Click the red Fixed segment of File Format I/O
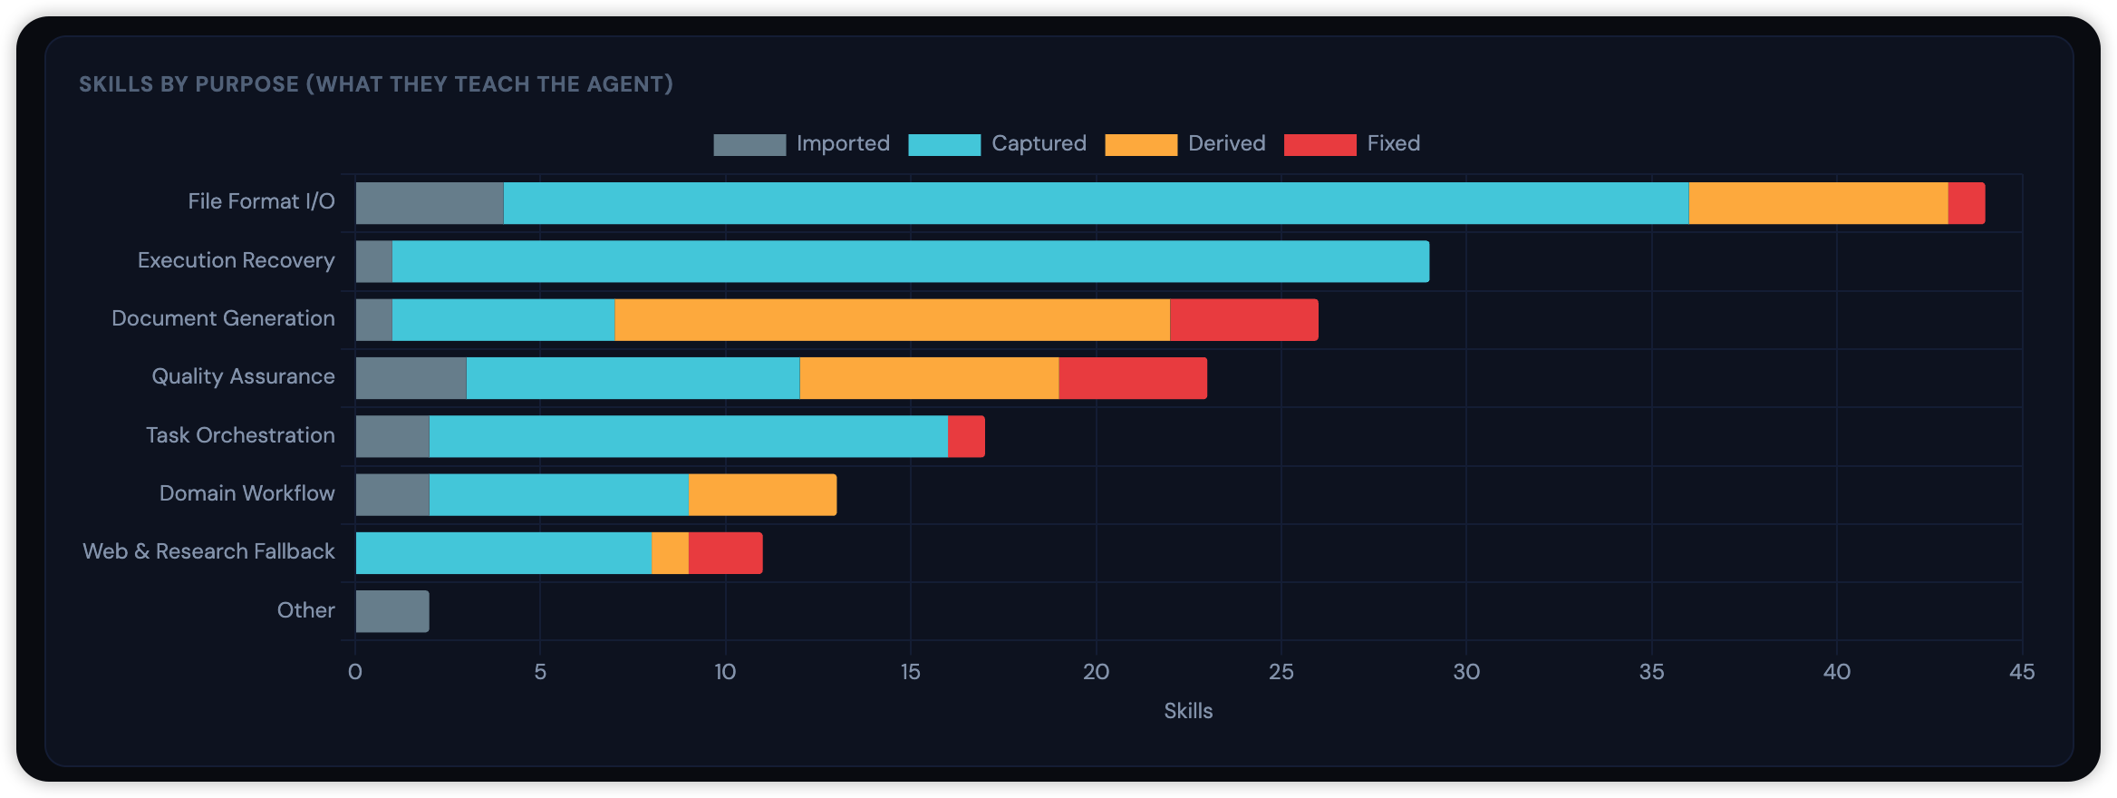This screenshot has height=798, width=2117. tap(1966, 203)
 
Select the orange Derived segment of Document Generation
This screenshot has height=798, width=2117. tap(892, 320)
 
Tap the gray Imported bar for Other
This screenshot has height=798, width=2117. tap(391, 611)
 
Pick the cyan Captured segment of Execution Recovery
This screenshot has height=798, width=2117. tap(910, 261)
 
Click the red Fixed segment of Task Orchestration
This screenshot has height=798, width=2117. tap(966, 436)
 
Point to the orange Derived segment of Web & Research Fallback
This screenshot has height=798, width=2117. tap(670, 553)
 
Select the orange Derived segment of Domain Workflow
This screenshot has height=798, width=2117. tap(762, 495)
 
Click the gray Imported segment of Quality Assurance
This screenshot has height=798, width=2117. tap(411, 378)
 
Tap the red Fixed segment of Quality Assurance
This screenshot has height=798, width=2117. tap(1133, 378)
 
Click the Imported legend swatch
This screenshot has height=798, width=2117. tap(749, 144)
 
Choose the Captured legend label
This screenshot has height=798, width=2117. tap(1039, 143)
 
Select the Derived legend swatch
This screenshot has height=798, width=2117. tap(1140, 144)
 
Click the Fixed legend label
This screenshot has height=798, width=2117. tap(1393, 143)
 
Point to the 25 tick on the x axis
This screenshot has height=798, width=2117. tap(1281, 672)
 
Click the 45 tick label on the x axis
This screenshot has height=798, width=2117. tap(2021, 672)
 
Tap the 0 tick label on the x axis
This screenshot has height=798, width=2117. tap(355, 672)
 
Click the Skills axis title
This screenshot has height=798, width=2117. tap(1187, 711)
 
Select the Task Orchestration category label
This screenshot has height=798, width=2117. tap(240, 435)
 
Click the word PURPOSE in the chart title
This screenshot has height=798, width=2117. tap(246, 84)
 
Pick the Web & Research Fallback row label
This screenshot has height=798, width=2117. tap(208, 551)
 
